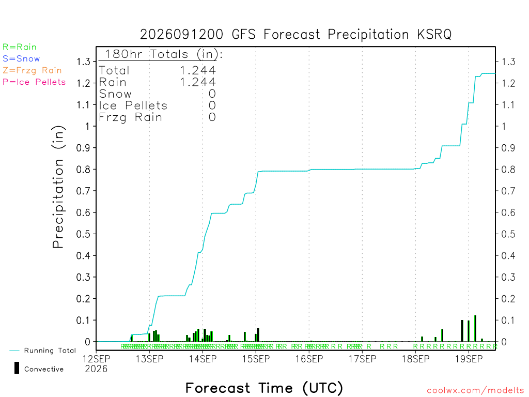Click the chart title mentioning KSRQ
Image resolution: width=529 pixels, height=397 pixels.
pyautogui.click(x=295, y=35)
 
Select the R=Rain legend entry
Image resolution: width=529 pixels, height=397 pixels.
pyautogui.click(x=20, y=47)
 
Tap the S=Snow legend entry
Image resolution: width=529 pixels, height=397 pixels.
pyautogui.click(x=21, y=59)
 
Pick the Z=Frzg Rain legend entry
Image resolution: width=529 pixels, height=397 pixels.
pyautogui.click(x=32, y=70)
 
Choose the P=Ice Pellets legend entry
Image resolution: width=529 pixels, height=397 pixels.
pyautogui.click(x=34, y=82)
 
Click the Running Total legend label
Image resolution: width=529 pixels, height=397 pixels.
pyautogui.click(x=50, y=350)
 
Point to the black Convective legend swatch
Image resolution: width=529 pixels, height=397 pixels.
pyautogui.click(x=17, y=368)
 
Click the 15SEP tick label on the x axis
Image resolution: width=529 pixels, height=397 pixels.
pyautogui.click(x=256, y=359)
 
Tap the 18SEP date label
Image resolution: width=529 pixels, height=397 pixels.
pyautogui.click(x=416, y=359)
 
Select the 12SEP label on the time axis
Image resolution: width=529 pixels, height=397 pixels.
pyautogui.click(x=96, y=359)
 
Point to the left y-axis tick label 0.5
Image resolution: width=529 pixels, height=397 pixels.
pyautogui.click(x=83, y=234)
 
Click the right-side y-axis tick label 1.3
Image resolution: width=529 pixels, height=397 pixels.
pyautogui.click(x=508, y=62)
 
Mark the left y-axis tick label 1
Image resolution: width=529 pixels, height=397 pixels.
pyautogui.click(x=88, y=126)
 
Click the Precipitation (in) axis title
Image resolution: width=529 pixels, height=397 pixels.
pyautogui.click(x=58, y=187)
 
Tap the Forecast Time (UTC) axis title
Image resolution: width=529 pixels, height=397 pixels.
pyautogui.click(x=264, y=388)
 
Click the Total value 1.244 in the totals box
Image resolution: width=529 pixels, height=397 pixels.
pyautogui.click(x=198, y=70)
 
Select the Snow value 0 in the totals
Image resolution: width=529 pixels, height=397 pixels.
pyautogui.click(x=212, y=94)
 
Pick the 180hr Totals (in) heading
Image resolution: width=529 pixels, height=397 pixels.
pyautogui.click(x=164, y=54)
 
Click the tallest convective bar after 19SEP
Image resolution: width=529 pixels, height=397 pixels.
pyautogui.click(x=475, y=328)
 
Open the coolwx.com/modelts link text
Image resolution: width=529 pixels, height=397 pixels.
pyautogui.click(x=475, y=391)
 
